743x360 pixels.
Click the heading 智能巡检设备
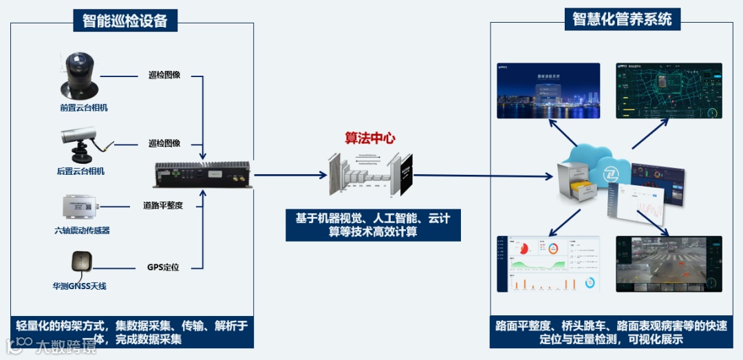[x=125, y=21]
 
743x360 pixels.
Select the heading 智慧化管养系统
[x=622, y=19]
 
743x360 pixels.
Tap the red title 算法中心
[x=370, y=138]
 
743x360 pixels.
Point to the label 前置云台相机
[x=83, y=107]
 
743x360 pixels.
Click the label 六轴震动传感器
[x=82, y=231]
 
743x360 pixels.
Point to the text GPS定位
[x=163, y=267]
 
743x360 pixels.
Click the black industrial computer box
[x=202, y=175]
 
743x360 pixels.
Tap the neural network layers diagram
[x=370, y=174]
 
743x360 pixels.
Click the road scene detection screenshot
[x=669, y=264]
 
